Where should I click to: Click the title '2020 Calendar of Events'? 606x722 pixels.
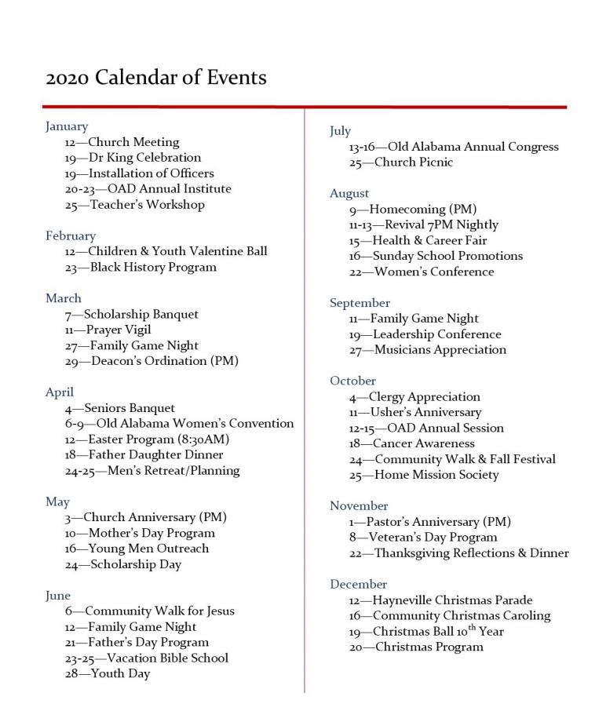click(x=156, y=78)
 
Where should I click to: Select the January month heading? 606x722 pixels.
click(x=67, y=126)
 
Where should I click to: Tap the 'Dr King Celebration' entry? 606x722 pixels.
click(x=133, y=158)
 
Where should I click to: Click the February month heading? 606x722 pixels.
click(x=71, y=235)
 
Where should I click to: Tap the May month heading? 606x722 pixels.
click(x=57, y=501)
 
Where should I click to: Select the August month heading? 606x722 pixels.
click(x=349, y=193)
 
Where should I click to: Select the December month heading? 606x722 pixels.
click(x=358, y=584)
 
